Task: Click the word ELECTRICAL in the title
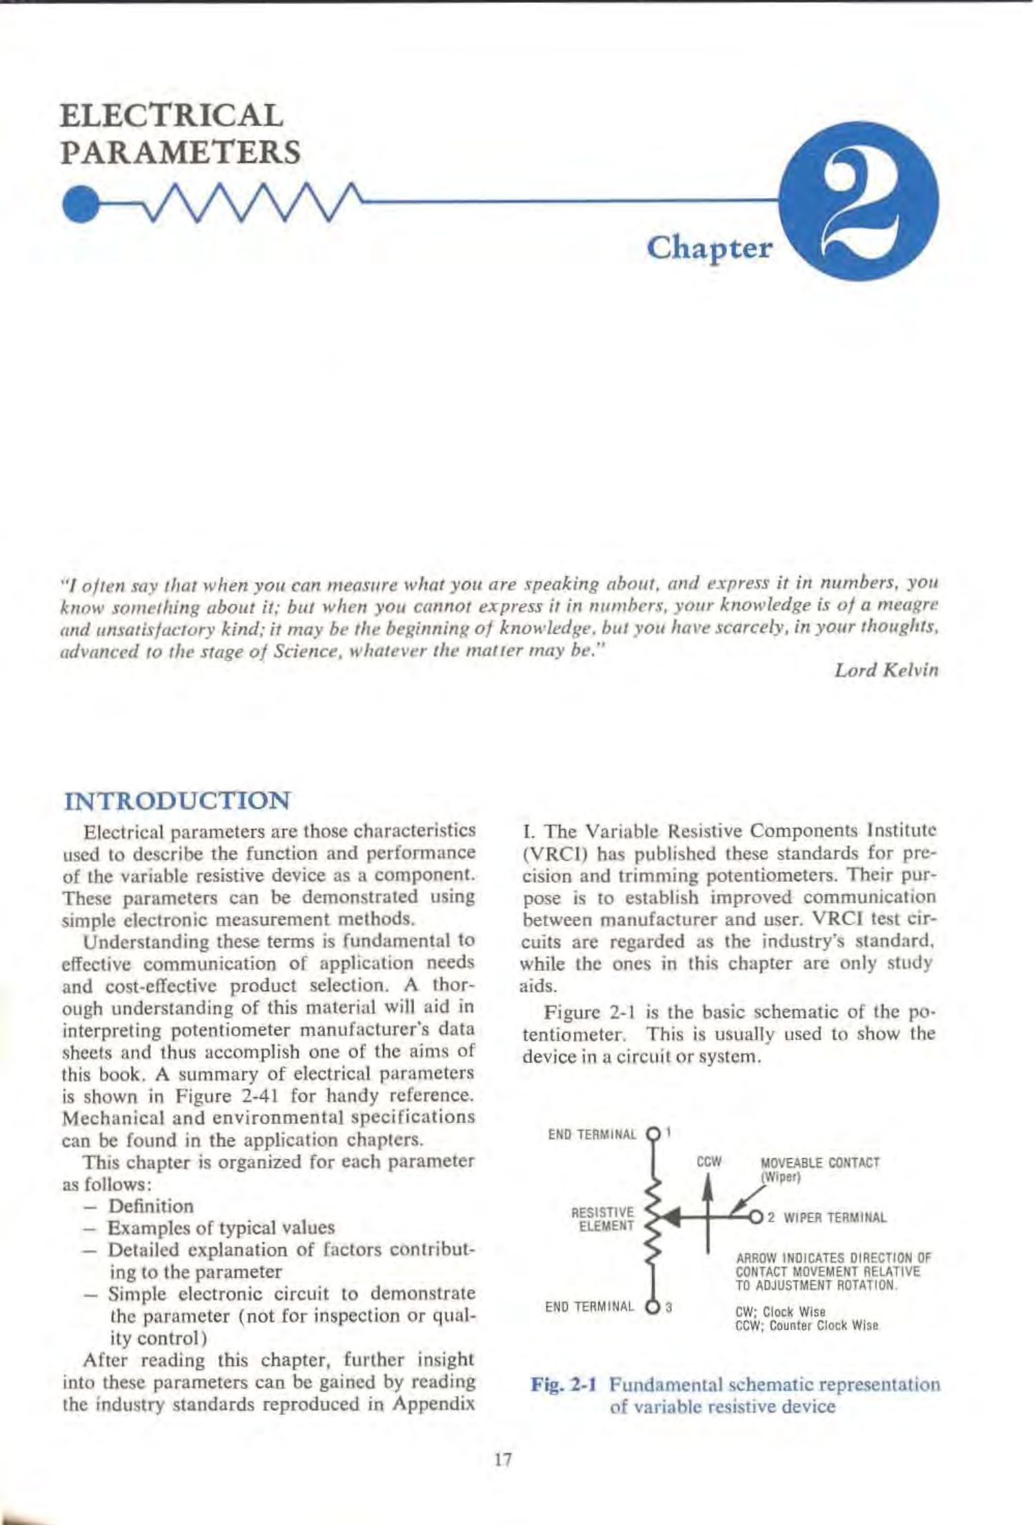(x=172, y=116)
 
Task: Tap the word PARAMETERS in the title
(x=181, y=152)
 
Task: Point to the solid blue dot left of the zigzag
(x=79, y=204)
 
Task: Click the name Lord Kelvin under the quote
(x=886, y=670)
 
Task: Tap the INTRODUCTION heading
(x=177, y=801)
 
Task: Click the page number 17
(x=504, y=1459)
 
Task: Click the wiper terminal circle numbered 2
(x=757, y=1217)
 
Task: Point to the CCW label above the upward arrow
(x=709, y=1162)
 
